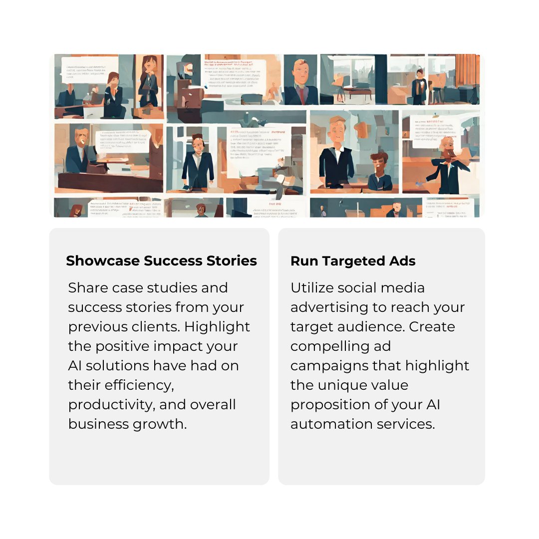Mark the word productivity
pyautogui.click(x=111, y=405)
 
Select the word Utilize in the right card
pyautogui.click(x=312, y=288)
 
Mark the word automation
pyautogui.click(x=330, y=424)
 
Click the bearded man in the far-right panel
pyautogui.click(x=447, y=160)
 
